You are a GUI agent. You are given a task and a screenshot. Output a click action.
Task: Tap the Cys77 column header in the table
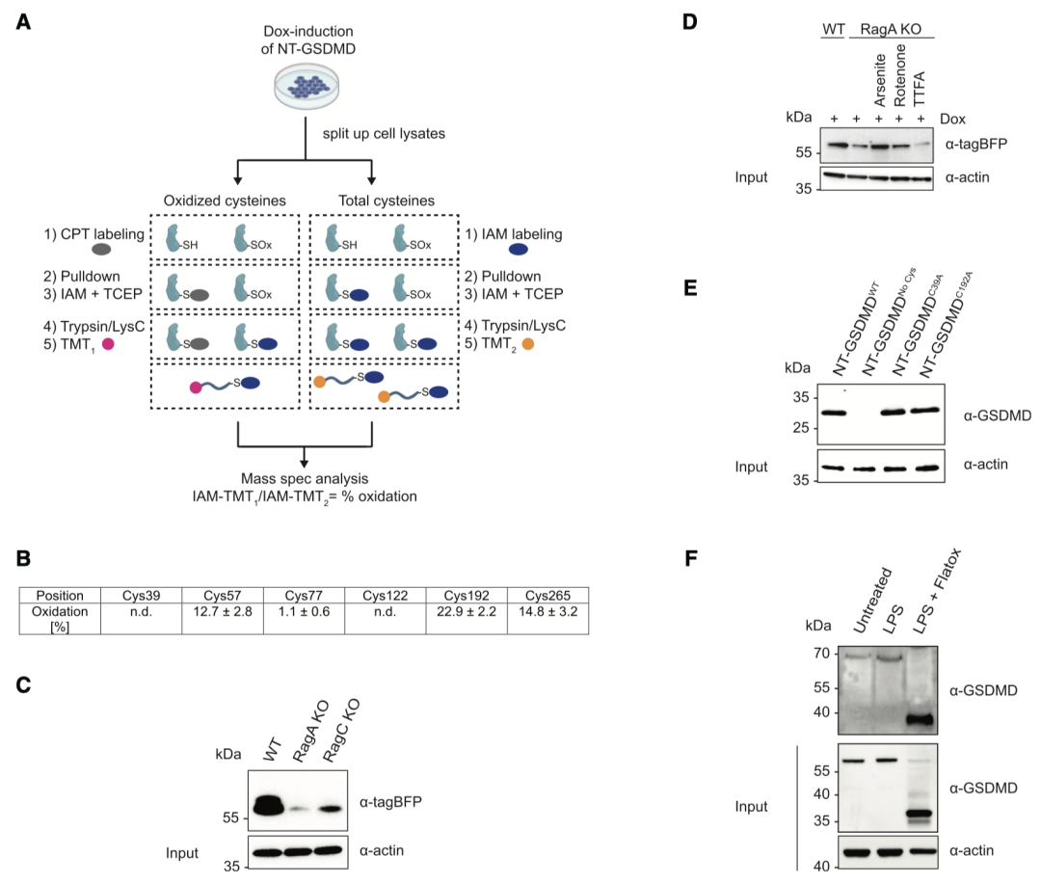click(301, 595)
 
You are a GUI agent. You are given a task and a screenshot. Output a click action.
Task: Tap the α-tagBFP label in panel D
click(976, 145)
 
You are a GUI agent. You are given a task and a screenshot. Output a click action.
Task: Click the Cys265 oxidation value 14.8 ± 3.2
click(549, 610)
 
